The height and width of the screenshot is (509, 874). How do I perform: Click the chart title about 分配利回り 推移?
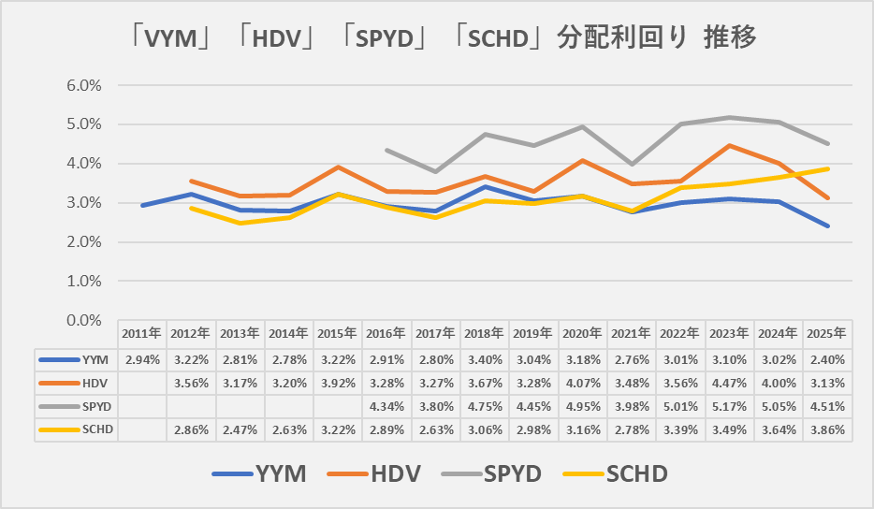[x=437, y=38]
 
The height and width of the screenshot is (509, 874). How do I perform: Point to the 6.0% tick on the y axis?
[x=84, y=85]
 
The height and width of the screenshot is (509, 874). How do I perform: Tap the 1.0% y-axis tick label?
[x=84, y=281]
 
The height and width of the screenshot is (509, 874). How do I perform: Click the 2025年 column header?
[x=826, y=333]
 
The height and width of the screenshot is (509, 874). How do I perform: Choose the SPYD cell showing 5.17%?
[x=728, y=406]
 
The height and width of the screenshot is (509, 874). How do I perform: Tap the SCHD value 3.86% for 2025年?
[x=826, y=429]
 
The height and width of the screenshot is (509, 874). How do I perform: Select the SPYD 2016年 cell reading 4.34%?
[x=386, y=406]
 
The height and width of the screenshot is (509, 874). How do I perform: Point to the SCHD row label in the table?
[x=96, y=429]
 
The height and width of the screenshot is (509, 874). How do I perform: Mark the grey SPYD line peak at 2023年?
[x=728, y=118]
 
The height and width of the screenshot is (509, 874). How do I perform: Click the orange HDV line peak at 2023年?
[x=728, y=145]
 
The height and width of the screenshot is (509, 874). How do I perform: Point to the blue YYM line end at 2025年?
[x=826, y=225]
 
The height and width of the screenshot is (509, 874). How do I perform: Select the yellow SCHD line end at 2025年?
[x=826, y=169]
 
